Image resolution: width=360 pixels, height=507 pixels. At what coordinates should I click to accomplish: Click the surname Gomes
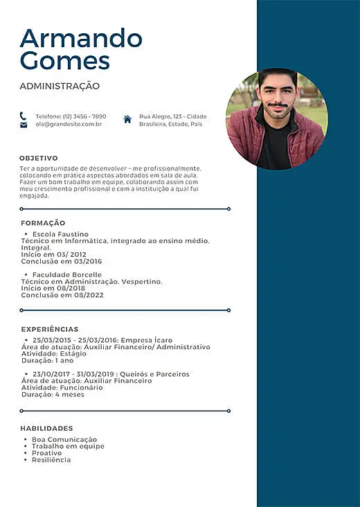65,60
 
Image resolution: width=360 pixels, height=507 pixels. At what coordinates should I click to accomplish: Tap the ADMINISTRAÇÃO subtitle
60,87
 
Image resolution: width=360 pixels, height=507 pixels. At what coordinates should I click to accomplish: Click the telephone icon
24,116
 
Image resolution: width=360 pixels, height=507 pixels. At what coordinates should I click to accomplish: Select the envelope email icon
24,125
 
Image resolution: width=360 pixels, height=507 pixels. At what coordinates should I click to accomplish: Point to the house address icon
127,119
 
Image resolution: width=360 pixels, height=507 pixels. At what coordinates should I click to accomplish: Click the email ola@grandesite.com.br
69,124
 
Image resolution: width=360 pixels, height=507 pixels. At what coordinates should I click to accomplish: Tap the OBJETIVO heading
39,158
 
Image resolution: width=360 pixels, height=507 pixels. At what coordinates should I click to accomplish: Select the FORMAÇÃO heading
43,223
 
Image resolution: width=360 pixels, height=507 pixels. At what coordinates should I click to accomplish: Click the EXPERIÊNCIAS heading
49,329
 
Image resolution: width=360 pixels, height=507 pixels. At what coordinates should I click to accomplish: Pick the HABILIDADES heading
46,429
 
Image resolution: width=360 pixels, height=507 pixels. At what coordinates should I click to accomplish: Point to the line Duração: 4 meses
53,394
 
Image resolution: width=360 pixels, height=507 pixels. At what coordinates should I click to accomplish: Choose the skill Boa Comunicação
64,440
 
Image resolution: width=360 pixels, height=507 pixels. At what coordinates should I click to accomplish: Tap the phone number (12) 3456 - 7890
84,116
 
